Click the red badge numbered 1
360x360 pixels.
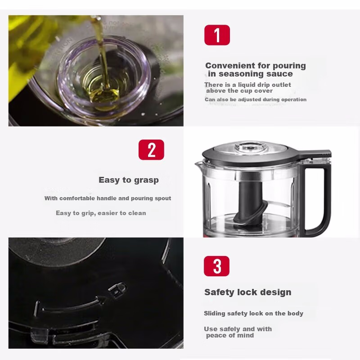pyautogui.click(x=217, y=35)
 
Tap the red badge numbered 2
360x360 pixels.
pyautogui.click(x=151, y=150)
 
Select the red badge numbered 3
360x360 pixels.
pyautogui.click(x=217, y=266)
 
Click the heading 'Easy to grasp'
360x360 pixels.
pyautogui.click(x=129, y=180)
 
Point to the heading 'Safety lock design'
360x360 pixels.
pyautogui.click(x=247, y=292)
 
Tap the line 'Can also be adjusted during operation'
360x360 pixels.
pyautogui.click(x=256, y=99)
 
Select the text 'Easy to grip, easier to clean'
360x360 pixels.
pyautogui.click(x=101, y=213)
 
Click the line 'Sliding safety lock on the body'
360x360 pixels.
pyautogui.click(x=253, y=313)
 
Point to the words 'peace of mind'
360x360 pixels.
pyautogui.click(x=230, y=335)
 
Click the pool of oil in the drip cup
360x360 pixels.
pyautogui.click(x=104, y=92)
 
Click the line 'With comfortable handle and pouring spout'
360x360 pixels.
pyautogui.click(x=108, y=198)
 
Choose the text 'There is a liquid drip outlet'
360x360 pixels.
pyautogui.click(x=247, y=85)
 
